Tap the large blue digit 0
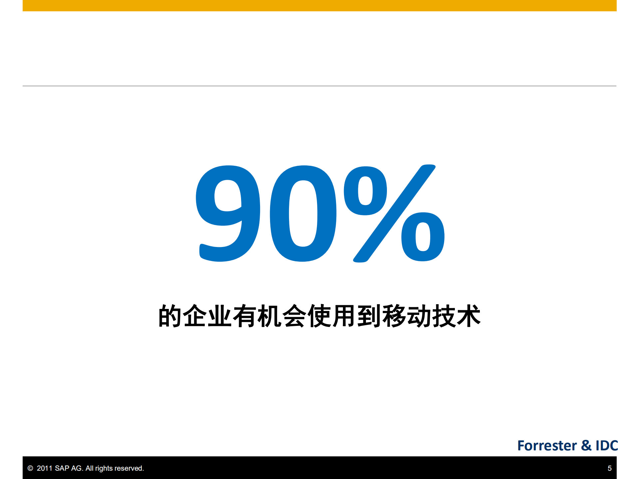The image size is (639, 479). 303,213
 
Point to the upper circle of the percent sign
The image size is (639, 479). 365,191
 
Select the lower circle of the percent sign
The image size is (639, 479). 423,237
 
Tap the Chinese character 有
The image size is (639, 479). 245,316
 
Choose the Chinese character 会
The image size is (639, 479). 294,316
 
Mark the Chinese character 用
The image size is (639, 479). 344,316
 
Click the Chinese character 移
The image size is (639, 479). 394,316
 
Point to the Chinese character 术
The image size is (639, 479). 469,316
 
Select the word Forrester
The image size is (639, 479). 547,445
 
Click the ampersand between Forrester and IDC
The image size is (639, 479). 586,445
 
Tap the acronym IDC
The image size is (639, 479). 607,445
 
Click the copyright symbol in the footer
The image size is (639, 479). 30,468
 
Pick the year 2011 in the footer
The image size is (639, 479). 45,468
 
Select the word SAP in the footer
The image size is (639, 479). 62,468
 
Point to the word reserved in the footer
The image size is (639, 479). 129,468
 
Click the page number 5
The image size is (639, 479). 609,468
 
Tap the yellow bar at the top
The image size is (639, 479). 319,5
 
